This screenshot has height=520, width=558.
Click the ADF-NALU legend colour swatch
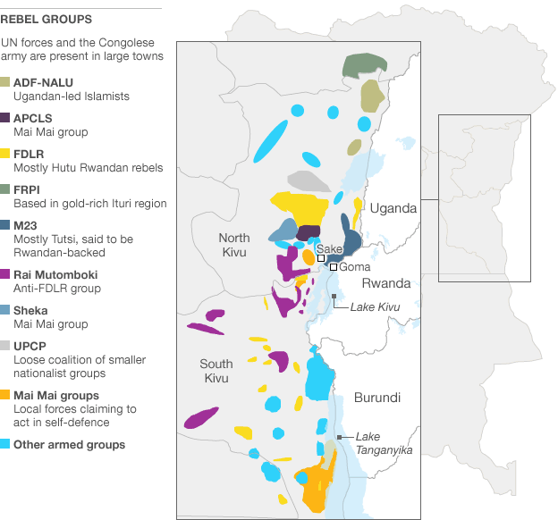coord(5,82)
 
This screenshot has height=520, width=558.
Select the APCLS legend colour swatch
coord(5,118)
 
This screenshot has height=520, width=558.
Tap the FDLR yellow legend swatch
coord(5,154)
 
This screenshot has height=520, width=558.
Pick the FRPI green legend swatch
coord(5,189)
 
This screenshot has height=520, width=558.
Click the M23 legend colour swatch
coord(5,225)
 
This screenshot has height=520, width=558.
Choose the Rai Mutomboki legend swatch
coord(5,274)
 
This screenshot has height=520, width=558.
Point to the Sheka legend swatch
coord(5,310)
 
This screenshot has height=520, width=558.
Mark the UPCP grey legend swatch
coord(5,346)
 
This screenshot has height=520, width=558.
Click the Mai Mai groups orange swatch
coord(5,395)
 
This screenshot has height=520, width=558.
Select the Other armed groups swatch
coord(5,444)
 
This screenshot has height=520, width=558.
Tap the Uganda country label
coord(393,208)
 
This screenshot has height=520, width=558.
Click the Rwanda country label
coord(386,283)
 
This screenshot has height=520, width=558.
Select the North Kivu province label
coord(234,244)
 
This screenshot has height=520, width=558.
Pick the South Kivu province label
coord(216,371)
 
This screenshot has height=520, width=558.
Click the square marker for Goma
coord(333,266)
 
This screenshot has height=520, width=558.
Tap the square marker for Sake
coord(321,257)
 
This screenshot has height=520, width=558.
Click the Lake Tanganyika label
coord(384,443)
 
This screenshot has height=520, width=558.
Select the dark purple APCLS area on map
coord(308,233)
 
